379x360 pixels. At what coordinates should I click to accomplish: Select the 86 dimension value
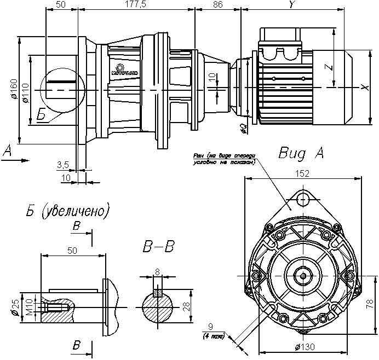click(x=217, y=4)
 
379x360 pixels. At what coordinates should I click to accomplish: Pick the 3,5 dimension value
click(x=62, y=164)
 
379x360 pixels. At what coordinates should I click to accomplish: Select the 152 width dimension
click(x=302, y=173)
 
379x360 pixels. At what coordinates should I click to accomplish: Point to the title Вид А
click(x=301, y=153)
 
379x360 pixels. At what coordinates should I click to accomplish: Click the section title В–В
click(x=158, y=247)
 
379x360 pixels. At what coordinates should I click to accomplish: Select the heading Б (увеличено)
click(x=66, y=210)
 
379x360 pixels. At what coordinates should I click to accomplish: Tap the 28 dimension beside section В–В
click(x=187, y=304)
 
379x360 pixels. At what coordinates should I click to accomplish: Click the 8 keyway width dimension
click(x=158, y=270)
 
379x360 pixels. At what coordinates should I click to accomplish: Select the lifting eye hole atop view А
click(x=302, y=201)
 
